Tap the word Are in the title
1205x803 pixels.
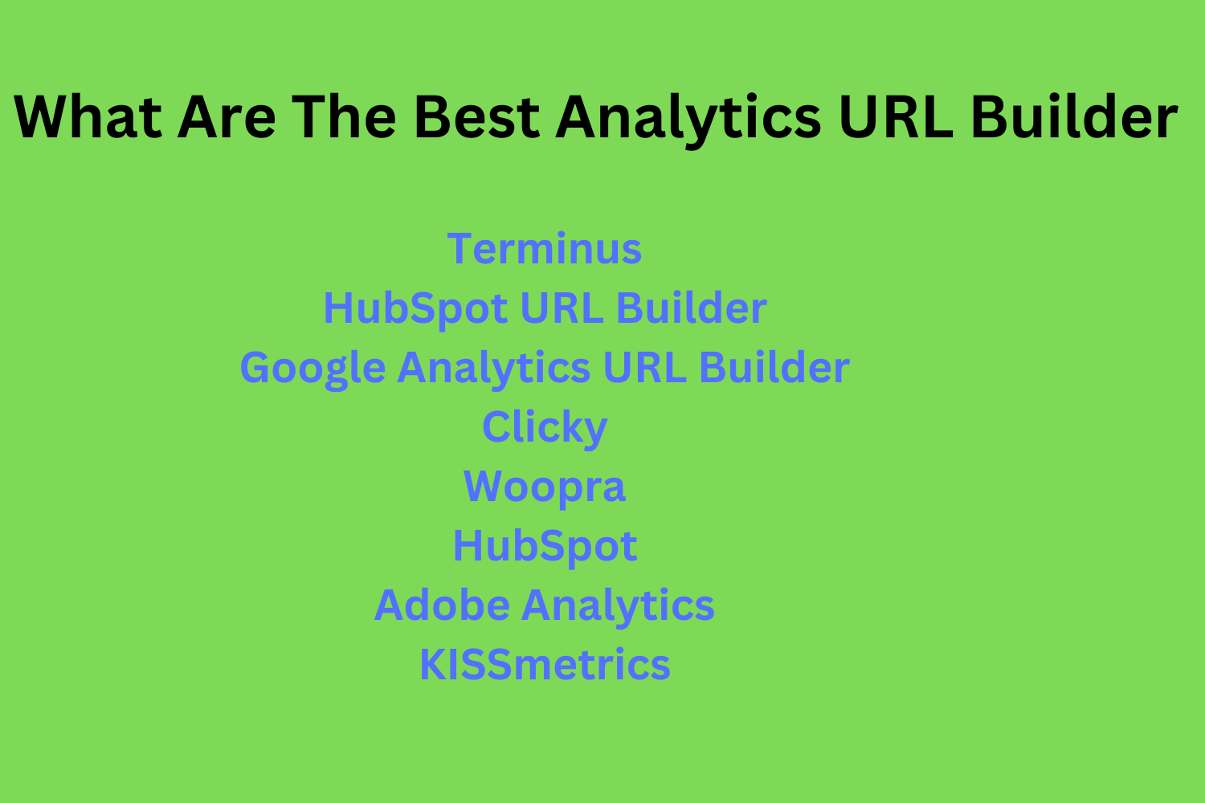pyautogui.click(x=227, y=117)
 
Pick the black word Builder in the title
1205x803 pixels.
pyautogui.click(x=1074, y=117)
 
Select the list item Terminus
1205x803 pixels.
pyautogui.click(x=545, y=248)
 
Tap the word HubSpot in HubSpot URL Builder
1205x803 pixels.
pyautogui.click(x=415, y=309)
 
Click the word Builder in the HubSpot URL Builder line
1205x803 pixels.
pyautogui.click(x=692, y=308)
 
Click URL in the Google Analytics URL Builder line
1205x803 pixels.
pyautogui.click(x=644, y=368)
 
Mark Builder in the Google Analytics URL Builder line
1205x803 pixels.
pyautogui.click(x=774, y=368)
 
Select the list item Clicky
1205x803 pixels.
pyautogui.click(x=545, y=428)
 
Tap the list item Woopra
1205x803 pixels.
pyautogui.click(x=545, y=487)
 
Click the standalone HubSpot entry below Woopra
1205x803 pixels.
pyautogui.click(x=545, y=547)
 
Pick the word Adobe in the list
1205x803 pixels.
pyautogui.click(x=442, y=605)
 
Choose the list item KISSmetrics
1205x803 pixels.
pyautogui.click(x=545, y=665)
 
